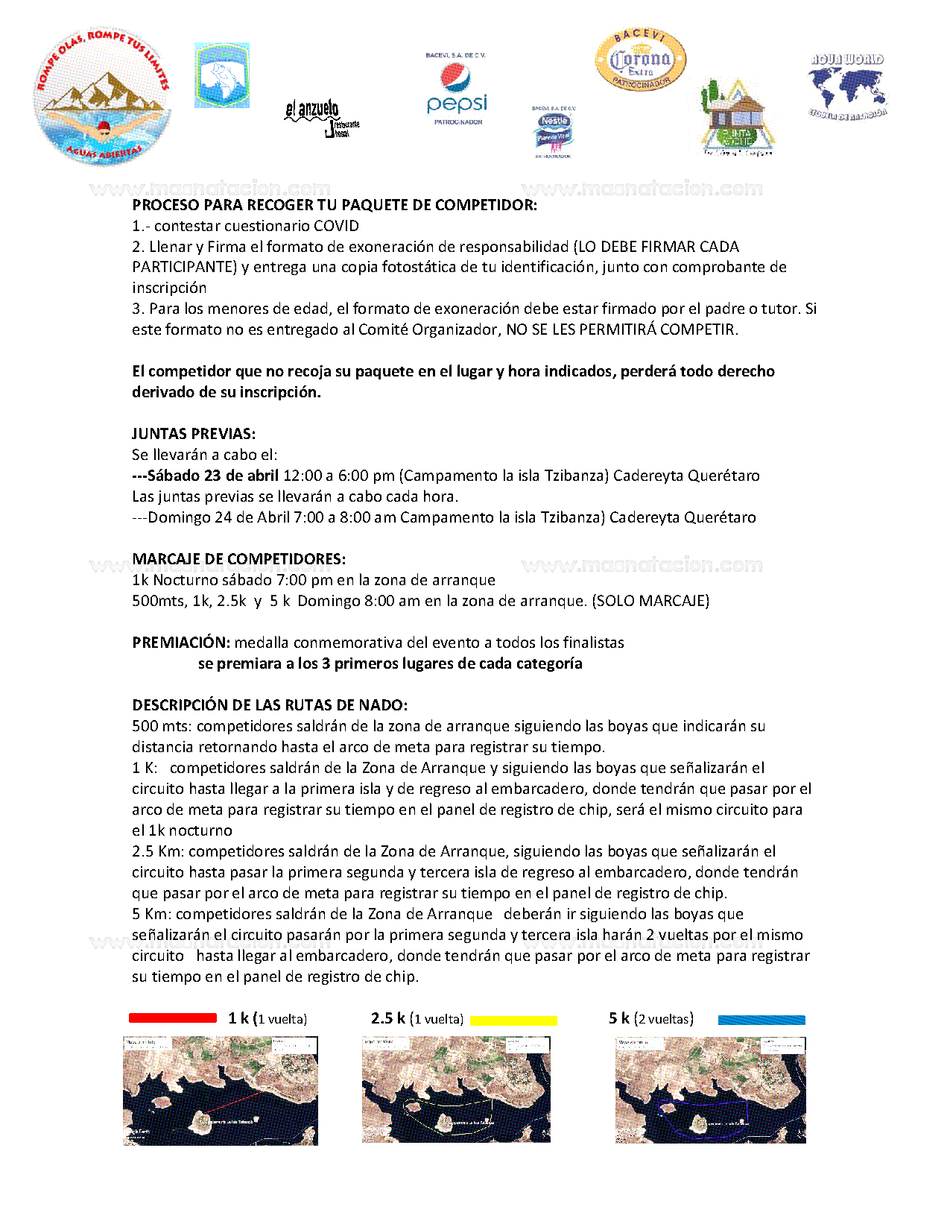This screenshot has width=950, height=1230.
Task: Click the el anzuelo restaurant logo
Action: pos(321,118)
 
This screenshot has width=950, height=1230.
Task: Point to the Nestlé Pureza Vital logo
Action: pos(554,132)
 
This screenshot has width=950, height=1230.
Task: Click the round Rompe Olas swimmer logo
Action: pos(102,97)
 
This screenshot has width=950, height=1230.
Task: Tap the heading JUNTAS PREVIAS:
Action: pos(194,434)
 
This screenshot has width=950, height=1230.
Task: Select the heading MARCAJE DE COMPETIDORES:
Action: pos(238,559)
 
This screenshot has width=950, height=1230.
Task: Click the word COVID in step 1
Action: pos(336,226)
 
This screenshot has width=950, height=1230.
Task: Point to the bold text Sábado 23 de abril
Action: pos(212,476)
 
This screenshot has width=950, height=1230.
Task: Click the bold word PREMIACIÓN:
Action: pos(181,643)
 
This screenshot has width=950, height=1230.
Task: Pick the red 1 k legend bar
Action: pos(173,1018)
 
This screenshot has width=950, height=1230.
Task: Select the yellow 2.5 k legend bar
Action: pos(513,1021)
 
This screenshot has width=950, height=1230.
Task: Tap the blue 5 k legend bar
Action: pos(761,1020)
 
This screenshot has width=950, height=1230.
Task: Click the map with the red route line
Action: pos(221,1091)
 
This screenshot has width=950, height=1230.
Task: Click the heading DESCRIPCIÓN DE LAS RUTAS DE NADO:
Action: pos(270,705)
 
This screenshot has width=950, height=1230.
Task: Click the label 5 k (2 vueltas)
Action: pos(651,1018)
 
